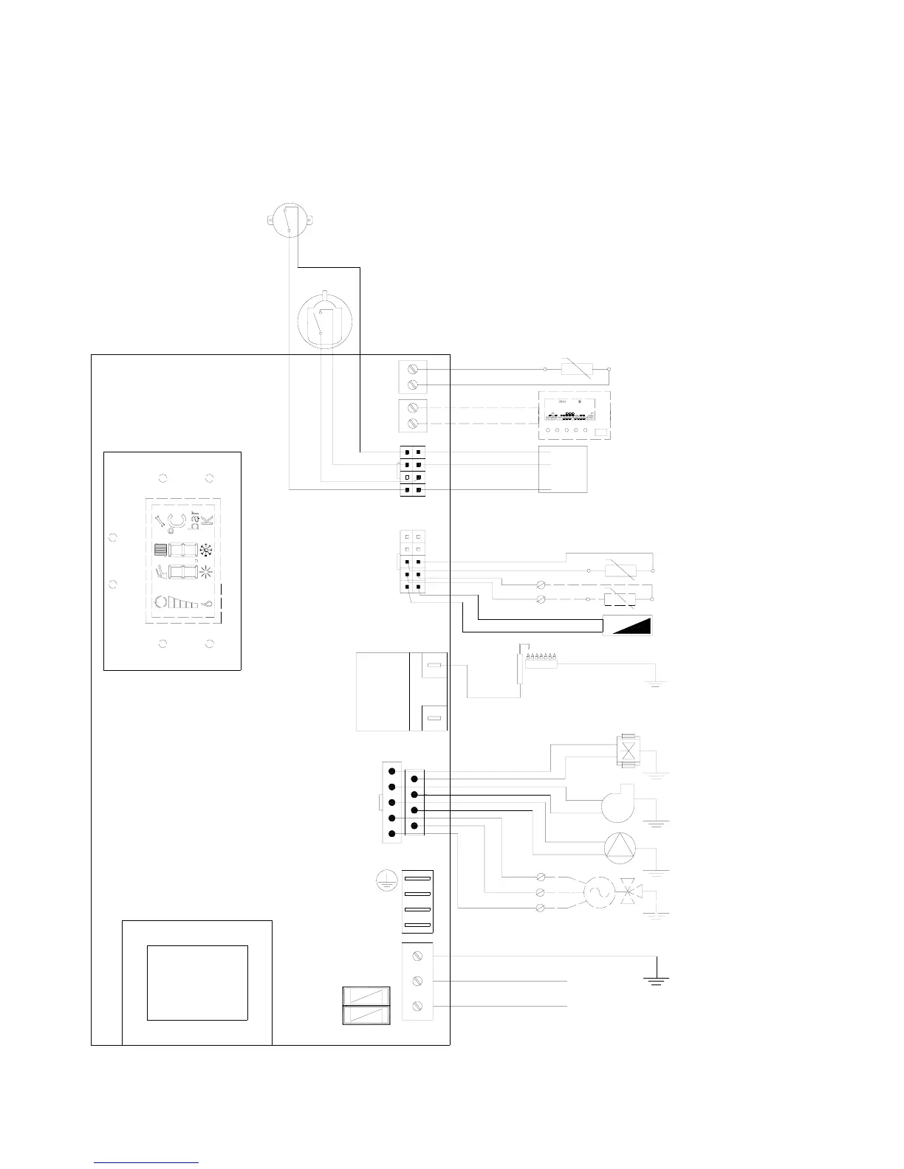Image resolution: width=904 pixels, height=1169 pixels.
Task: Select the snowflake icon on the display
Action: (x=206, y=550)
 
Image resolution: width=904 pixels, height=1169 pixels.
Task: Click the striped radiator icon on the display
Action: (x=160, y=550)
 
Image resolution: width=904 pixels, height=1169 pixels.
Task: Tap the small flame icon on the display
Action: (x=208, y=603)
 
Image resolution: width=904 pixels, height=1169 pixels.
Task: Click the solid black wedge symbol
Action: (x=629, y=625)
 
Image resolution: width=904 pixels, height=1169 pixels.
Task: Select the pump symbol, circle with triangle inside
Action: (x=619, y=848)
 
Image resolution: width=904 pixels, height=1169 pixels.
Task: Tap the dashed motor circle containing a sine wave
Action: (x=596, y=892)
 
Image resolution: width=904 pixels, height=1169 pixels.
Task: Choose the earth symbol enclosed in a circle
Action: (x=383, y=880)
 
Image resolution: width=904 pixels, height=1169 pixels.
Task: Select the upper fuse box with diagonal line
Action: (x=367, y=996)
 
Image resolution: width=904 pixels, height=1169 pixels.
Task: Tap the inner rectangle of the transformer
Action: (x=197, y=982)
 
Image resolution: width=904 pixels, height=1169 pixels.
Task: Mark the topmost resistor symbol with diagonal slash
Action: (x=576, y=368)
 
